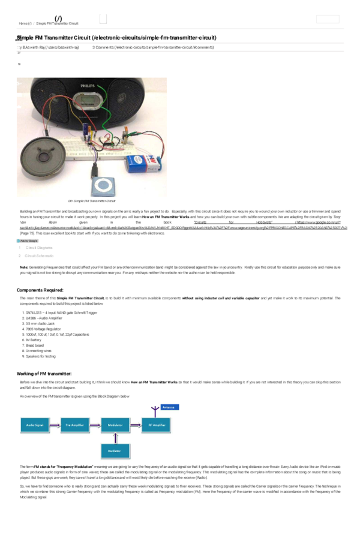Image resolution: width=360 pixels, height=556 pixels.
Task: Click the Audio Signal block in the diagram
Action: pyautogui.click(x=34, y=425)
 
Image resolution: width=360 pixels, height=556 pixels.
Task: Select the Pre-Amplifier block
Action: pyautogui.click(x=74, y=425)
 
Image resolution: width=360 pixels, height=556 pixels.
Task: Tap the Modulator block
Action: pyautogui.click(x=115, y=425)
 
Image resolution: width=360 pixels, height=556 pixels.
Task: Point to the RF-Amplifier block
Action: pyautogui.click(x=158, y=425)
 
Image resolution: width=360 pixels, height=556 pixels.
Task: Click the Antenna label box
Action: pyautogui.click(x=169, y=407)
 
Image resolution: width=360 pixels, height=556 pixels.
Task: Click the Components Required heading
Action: pyautogui.click(x=40, y=290)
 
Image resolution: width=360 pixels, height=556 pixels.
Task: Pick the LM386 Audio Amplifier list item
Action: pyautogui.click(x=43, y=318)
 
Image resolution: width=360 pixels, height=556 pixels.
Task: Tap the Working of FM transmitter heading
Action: pyautogui.click(x=44, y=374)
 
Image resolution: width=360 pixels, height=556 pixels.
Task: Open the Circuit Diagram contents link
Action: pyautogui.click(x=39, y=248)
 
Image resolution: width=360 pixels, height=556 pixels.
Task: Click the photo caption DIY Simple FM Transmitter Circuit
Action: pyautogui.click(x=92, y=201)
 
